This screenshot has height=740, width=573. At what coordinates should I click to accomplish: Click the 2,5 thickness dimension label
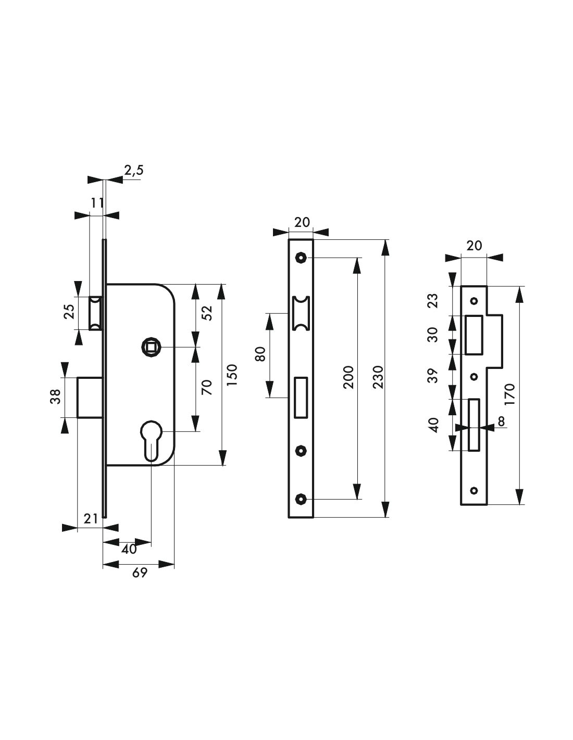(x=134, y=170)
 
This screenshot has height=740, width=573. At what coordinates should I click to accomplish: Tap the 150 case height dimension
(x=232, y=375)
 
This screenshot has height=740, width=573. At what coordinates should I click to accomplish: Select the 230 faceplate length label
(x=378, y=377)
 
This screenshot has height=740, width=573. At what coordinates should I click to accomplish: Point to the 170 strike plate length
(x=509, y=394)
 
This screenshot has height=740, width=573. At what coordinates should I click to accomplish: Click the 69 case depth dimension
(x=140, y=573)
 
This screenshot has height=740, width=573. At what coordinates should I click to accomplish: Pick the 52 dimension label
(x=207, y=313)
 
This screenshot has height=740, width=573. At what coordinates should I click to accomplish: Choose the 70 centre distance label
(x=207, y=387)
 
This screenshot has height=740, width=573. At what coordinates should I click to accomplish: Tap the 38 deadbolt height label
(x=56, y=397)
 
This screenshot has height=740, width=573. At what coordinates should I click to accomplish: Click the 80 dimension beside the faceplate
(x=260, y=354)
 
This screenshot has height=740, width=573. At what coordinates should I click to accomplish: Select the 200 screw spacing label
(x=348, y=377)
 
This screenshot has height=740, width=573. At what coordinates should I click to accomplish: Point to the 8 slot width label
(x=501, y=421)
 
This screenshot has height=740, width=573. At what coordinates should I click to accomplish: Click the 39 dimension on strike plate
(x=433, y=376)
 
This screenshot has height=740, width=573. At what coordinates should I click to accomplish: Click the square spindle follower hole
(x=151, y=347)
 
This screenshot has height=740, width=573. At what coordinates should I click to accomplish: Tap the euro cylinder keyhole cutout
(x=151, y=441)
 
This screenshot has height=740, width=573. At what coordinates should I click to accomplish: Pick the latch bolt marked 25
(x=95, y=313)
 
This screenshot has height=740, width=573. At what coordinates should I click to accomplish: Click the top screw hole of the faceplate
(x=301, y=258)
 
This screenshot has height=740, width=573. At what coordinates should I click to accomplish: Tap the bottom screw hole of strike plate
(x=474, y=490)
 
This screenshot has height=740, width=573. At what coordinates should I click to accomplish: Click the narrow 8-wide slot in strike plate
(x=474, y=425)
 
